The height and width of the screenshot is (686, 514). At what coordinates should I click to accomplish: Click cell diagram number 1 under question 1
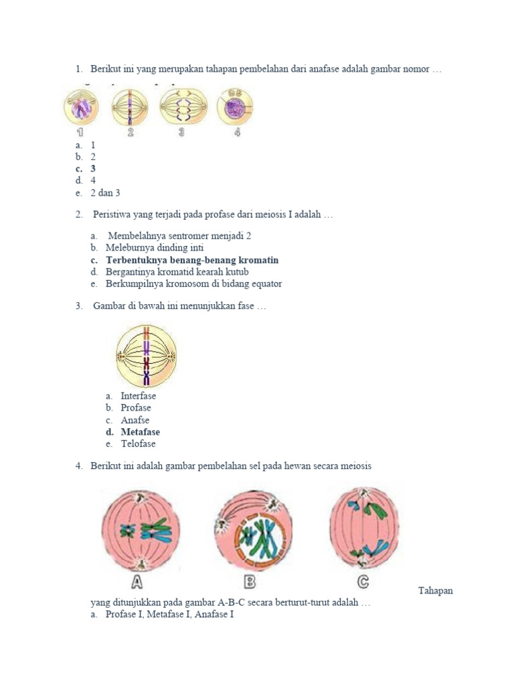(81, 107)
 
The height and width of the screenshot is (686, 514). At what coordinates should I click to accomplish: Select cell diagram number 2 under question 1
(131, 107)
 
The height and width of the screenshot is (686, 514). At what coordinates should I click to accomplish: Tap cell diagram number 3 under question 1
(183, 107)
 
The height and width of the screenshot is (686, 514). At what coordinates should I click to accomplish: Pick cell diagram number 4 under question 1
(235, 107)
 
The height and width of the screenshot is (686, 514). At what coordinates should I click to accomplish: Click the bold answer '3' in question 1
(93, 169)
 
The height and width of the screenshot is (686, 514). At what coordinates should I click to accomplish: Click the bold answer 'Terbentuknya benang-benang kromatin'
(192, 260)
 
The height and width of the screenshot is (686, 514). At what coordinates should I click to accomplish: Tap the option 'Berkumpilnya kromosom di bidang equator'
(193, 283)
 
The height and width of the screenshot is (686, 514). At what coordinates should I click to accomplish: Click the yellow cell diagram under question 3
(146, 356)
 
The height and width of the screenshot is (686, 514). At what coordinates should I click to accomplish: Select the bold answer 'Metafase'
(140, 432)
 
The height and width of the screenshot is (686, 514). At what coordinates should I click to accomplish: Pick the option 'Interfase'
(138, 396)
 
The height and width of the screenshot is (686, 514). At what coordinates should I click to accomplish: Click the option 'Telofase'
(138, 443)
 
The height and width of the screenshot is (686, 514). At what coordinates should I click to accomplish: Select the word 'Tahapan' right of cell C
(435, 590)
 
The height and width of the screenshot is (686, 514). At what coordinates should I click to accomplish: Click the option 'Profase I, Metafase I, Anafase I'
(169, 614)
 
